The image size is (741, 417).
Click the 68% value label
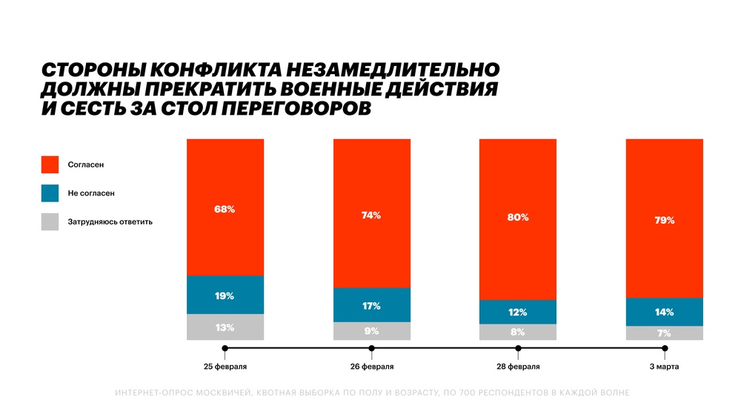point(225,210)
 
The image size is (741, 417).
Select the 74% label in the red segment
point(371,216)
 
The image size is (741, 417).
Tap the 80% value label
point(518,218)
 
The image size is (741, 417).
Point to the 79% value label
point(665,220)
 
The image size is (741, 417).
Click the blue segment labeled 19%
point(225,296)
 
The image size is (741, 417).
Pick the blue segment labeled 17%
point(371,305)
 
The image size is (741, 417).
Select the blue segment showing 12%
point(518,312)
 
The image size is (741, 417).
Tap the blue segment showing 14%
point(665,312)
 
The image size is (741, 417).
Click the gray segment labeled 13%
point(225,327)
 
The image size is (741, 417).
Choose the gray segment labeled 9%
point(371,331)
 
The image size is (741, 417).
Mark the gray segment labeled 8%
point(518,333)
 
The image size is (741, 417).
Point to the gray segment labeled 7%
point(665,333)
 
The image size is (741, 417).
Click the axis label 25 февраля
point(226,367)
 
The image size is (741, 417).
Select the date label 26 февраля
point(372,367)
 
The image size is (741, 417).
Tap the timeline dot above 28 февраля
point(518,348)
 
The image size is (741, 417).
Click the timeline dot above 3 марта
point(665,348)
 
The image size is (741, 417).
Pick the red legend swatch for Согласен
point(50,164)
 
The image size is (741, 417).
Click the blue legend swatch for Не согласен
point(50,193)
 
